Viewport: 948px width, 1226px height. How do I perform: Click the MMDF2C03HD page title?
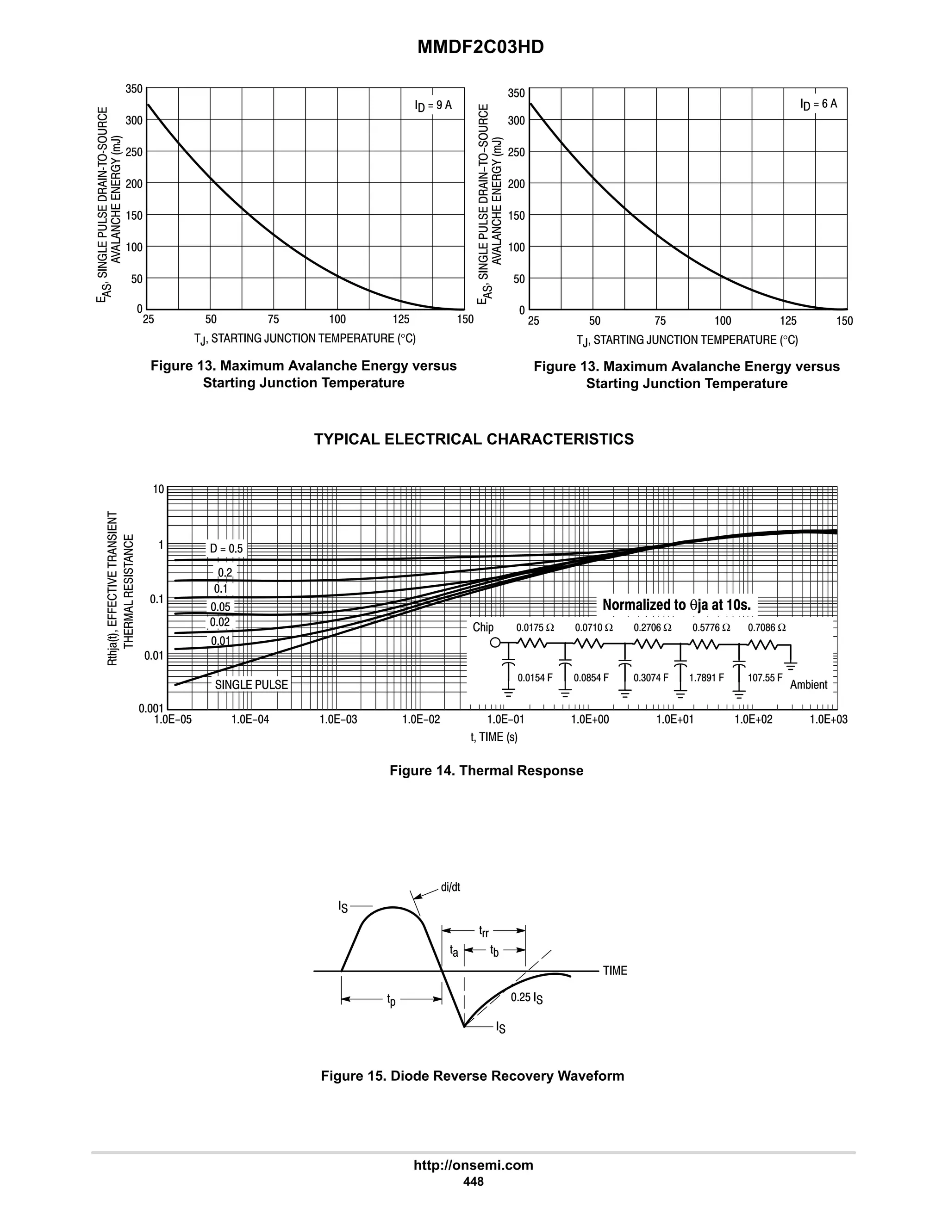coord(480,47)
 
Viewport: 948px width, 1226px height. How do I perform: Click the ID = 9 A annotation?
coord(432,105)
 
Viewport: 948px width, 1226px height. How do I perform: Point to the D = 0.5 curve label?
coord(226,548)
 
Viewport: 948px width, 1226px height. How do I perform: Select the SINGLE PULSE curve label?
coord(251,685)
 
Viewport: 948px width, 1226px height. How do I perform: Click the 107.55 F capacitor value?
coord(764,678)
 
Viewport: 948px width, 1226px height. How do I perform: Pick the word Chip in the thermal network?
coord(482,627)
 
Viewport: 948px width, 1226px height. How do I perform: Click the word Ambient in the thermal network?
coord(808,685)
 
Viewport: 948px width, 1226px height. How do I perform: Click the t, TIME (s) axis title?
coord(493,737)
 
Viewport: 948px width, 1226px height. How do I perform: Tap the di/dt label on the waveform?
coord(450,887)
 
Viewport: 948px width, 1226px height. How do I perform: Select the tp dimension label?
coord(392,1000)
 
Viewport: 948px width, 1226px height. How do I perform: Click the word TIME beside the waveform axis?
coord(615,971)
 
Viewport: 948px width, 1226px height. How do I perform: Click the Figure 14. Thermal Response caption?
coord(486,771)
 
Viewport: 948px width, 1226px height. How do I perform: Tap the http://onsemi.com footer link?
coord(474,1165)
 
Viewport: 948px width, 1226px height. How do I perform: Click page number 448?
coord(474,1182)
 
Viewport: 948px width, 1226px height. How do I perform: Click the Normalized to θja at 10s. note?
coord(676,605)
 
